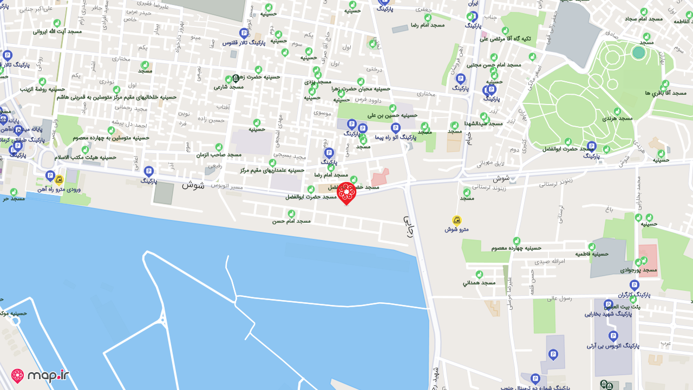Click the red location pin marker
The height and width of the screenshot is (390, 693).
coord(346,193)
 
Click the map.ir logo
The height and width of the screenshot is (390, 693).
coord(40,375)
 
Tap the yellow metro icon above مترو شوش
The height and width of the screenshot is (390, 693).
coord(456,220)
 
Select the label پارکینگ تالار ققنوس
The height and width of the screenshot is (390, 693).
coord(244,42)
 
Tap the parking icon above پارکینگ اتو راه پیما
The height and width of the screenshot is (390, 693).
coord(396,128)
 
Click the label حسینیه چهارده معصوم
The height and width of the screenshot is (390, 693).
coord(516,248)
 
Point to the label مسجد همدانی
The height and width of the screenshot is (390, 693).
coord(479,283)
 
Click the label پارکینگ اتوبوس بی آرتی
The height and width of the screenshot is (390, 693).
coord(613,346)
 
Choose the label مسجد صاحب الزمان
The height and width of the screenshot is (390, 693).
coord(219,155)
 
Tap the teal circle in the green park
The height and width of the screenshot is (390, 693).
coord(639,53)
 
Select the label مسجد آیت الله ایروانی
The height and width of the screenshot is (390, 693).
coord(57,31)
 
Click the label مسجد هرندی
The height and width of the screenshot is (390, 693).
coord(617,118)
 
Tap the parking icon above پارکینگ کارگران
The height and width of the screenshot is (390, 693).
coord(635,285)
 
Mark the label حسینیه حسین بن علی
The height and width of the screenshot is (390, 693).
coord(393,115)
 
